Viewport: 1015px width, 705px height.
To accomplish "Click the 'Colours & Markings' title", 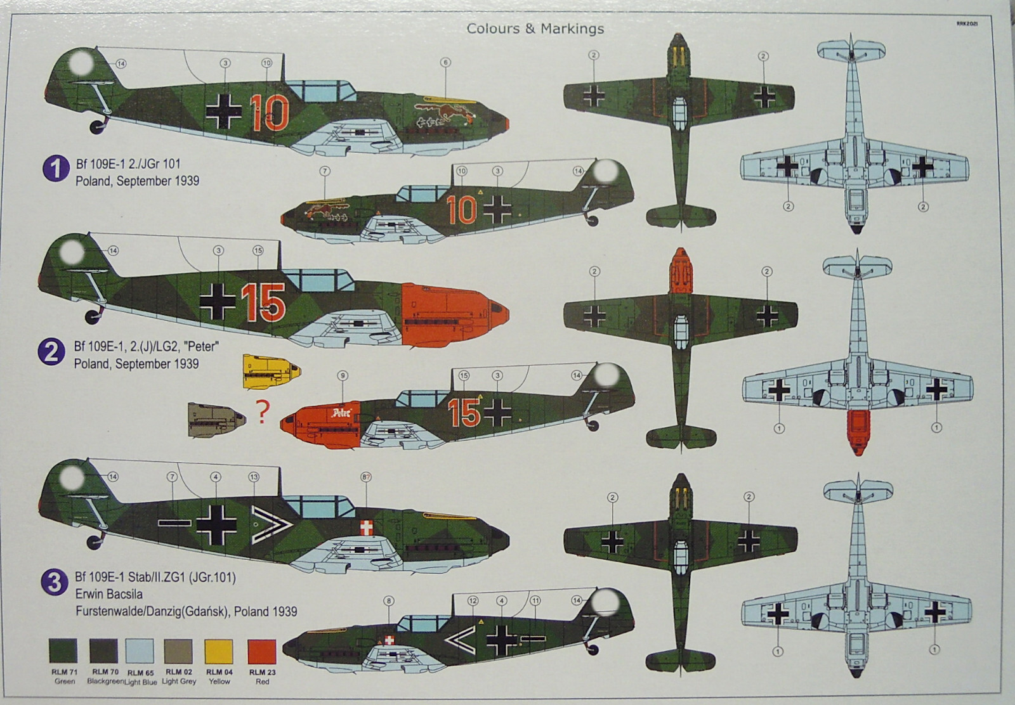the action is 535,29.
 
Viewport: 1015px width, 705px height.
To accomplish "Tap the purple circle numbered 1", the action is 55,169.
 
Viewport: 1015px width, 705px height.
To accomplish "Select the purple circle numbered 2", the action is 51,353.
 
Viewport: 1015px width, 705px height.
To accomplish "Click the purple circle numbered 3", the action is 54,583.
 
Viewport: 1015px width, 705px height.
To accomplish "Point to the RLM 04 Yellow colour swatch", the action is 219,652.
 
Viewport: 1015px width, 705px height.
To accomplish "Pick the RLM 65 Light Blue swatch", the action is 140,652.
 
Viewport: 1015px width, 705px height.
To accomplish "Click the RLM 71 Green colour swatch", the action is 63,652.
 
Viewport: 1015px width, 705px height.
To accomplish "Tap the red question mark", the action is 262,412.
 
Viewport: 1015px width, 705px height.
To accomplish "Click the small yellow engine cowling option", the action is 271,372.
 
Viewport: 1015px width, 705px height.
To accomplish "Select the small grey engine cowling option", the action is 216,419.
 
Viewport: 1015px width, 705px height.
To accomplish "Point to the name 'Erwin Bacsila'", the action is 108,595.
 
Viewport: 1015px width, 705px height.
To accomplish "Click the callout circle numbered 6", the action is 445,62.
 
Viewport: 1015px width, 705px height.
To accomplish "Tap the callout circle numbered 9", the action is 343,376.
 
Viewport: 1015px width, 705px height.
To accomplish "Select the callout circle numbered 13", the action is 254,477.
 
